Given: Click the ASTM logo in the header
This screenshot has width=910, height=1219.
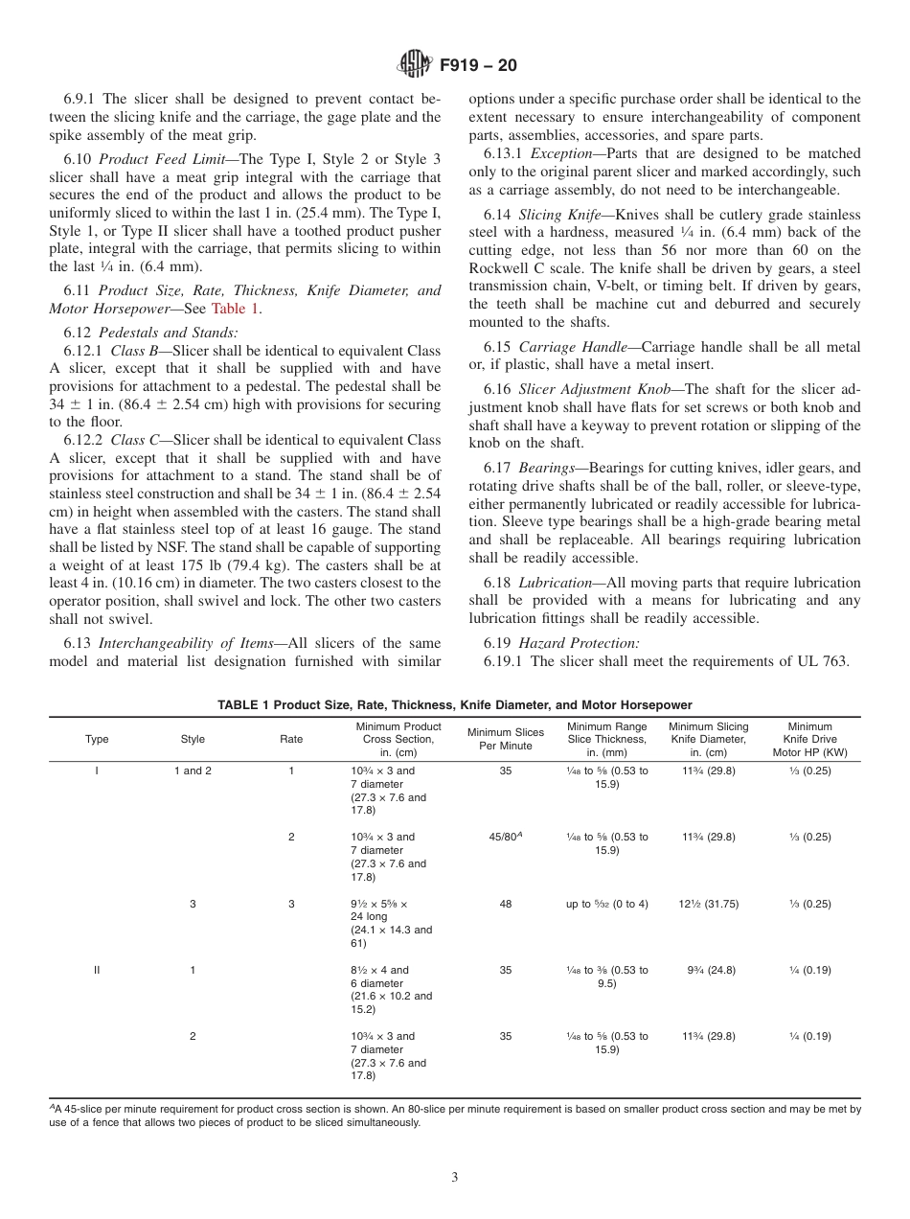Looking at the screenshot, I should [x=414, y=65].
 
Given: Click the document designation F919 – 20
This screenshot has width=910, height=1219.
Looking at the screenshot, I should [x=478, y=66].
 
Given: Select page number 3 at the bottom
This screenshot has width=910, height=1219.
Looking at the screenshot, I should [x=454, y=1178].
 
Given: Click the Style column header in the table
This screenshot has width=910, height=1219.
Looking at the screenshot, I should [x=193, y=739].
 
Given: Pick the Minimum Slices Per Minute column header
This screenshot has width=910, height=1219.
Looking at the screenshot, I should [x=505, y=739].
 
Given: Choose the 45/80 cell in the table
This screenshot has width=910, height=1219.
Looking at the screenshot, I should [x=505, y=837].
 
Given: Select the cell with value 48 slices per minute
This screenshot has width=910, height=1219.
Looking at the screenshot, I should [x=505, y=904].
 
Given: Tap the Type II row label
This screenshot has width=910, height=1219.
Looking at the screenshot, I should [x=97, y=970].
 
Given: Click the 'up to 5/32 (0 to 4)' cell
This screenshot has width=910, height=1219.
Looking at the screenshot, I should [x=606, y=904].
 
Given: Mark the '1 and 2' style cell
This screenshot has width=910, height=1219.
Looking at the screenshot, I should [x=193, y=770].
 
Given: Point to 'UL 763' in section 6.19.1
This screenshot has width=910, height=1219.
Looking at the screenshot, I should [x=825, y=661].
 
